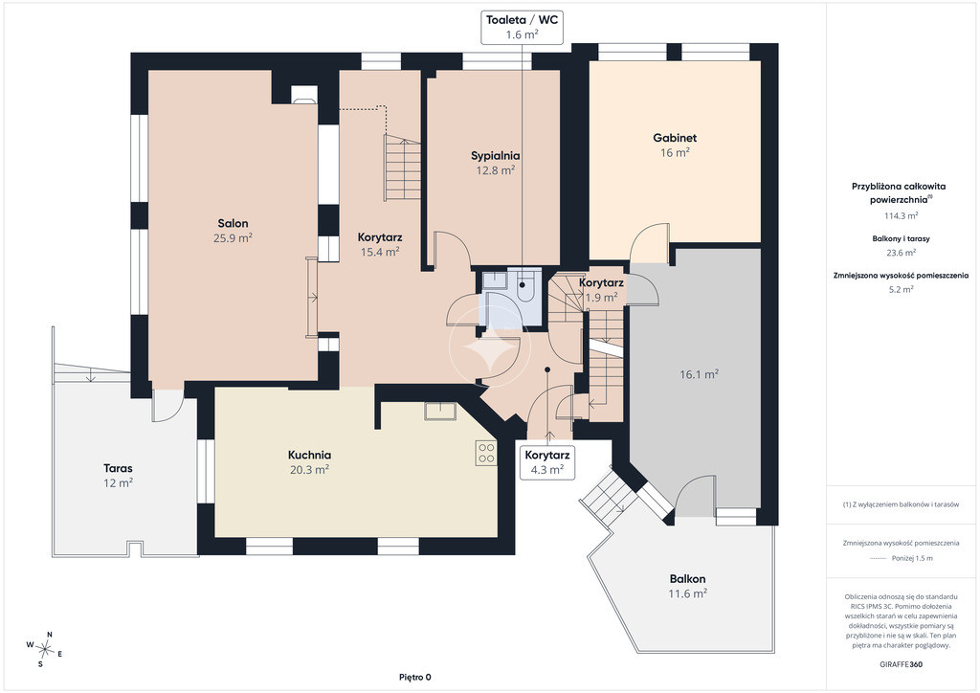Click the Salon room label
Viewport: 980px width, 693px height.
(233, 223)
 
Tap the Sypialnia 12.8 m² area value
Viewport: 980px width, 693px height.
(496, 170)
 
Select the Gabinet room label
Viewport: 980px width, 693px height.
(675, 138)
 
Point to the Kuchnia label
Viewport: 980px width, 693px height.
(309, 455)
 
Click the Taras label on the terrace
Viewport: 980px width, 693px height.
(118, 468)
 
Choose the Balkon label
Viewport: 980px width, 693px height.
(687, 579)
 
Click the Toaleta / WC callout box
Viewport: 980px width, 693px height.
(522, 27)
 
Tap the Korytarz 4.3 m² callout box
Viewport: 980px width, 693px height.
(546, 462)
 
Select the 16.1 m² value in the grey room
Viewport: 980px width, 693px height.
(699, 374)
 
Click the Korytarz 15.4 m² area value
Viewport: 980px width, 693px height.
(380, 252)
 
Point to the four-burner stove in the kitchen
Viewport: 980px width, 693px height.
(486, 453)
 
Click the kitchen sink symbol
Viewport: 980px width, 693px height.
(440, 412)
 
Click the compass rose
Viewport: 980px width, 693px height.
(45, 649)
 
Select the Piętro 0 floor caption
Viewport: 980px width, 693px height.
(415, 677)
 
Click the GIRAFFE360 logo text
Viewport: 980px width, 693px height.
(900, 664)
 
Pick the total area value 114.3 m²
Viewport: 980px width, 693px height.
(901, 215)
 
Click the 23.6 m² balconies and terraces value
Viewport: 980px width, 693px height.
(901, 253)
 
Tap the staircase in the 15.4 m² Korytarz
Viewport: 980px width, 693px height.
(402, 168)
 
